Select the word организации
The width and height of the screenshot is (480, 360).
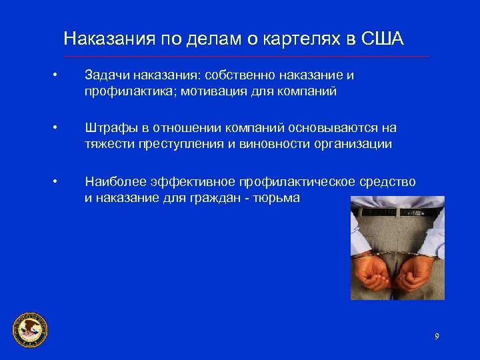[354, 143]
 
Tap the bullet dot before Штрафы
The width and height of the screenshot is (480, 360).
[59, 127]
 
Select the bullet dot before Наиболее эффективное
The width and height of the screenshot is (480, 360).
[59, 181]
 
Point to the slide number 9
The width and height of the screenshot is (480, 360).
[437, 336]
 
